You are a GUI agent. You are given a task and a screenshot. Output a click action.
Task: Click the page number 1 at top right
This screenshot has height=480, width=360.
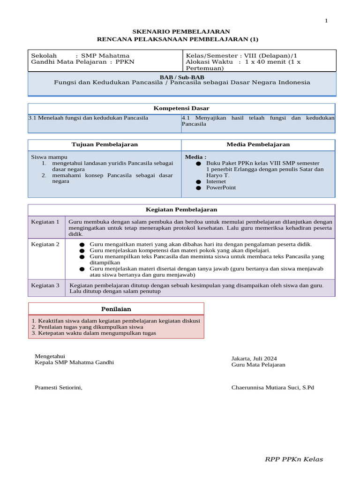(327, 21)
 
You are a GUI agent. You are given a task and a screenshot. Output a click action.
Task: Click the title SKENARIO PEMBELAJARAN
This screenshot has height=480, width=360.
(178, 31)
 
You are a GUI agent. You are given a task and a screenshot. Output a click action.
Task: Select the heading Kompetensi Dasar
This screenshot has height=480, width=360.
(181, 108)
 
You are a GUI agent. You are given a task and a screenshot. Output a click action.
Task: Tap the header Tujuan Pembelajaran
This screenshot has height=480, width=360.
(105, 144)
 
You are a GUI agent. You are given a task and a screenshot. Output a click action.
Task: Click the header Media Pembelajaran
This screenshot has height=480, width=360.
(258, 144)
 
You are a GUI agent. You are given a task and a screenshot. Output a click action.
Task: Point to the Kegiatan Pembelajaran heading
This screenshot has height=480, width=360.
(181, 210)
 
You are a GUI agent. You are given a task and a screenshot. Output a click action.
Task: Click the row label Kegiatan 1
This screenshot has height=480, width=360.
(45, 222)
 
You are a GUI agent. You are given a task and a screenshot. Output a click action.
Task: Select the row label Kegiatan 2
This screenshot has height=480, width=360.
(45, 244)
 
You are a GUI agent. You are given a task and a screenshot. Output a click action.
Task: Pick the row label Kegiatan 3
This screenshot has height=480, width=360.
(45, 285)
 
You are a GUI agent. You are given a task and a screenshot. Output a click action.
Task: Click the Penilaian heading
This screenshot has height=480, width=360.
(116, 309)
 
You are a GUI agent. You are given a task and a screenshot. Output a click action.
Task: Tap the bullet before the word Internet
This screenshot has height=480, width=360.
(198, 182)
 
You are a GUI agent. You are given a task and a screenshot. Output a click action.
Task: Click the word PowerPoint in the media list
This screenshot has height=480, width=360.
(221, 187)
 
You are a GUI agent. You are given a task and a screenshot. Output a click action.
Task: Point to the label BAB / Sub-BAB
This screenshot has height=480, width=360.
(182, 77)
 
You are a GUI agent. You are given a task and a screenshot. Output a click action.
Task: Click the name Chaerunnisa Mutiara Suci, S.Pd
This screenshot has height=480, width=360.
(272, 388)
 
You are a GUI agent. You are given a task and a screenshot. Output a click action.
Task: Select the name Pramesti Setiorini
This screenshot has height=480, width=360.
(59, 388)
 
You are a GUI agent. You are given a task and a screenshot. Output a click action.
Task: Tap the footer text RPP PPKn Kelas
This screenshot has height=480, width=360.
(294, 459)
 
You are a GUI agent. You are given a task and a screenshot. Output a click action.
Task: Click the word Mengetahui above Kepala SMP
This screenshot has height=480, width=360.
(50, 356)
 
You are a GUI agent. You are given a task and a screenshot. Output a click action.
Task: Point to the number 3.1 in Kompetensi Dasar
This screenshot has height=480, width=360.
(33, 118)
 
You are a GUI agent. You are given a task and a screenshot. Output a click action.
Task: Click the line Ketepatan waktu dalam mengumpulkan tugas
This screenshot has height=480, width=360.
(94, 333)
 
